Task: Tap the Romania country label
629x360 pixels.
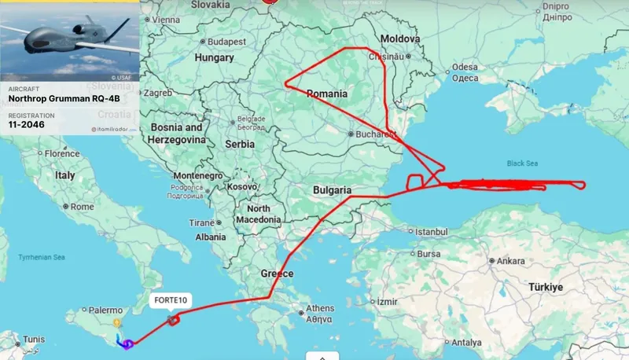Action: point(327,94)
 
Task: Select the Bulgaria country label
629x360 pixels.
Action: point(332,190)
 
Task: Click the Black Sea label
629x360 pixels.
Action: point(526,163)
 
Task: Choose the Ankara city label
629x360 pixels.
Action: point(510,260)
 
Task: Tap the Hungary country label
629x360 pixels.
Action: point(214,57)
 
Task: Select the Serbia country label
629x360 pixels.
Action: point(240,145)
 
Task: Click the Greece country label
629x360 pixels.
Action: point(277,274)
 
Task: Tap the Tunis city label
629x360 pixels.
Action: point(33,340)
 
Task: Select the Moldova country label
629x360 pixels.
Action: point(400,39)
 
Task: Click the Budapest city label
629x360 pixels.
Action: point(228,41)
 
